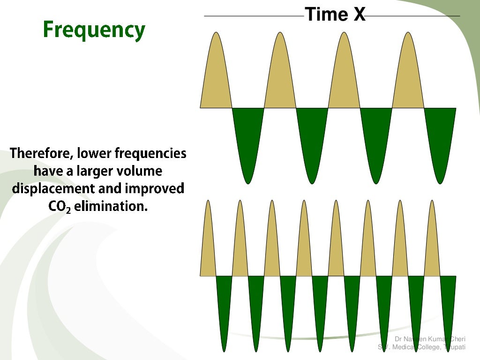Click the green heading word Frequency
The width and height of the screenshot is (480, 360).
94,30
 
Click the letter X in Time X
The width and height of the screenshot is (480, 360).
359,15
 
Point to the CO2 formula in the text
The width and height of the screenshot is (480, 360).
60,206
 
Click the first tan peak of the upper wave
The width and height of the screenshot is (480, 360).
216,75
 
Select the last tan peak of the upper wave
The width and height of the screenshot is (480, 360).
408,75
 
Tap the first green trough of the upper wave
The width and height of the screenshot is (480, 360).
248,141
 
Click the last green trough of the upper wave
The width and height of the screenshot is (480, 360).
440,141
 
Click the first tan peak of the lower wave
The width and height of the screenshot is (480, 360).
208,244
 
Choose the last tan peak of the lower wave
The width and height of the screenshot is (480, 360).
432,244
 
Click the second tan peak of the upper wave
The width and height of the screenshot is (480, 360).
280,75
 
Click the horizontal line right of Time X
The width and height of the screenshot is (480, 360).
412,16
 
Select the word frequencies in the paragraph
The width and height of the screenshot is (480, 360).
150,153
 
